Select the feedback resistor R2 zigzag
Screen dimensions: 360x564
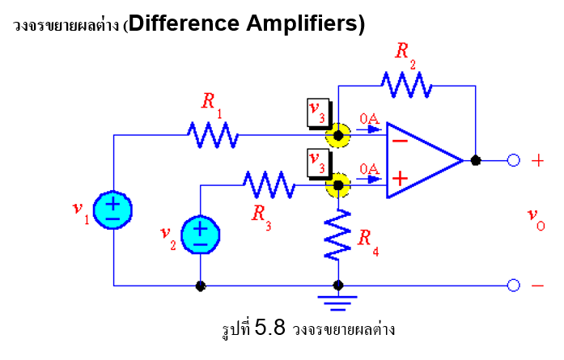407,83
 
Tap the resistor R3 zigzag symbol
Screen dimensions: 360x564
268,184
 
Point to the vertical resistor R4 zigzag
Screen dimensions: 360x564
338,235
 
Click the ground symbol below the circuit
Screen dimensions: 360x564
338,301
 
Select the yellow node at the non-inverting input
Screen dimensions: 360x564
337,184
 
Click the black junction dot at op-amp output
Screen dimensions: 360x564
476,160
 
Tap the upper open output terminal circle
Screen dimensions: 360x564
513,160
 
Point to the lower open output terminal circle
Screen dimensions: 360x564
513,285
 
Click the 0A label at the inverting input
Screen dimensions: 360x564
370,121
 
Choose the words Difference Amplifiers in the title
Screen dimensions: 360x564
247,23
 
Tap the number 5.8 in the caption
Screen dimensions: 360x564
271,328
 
